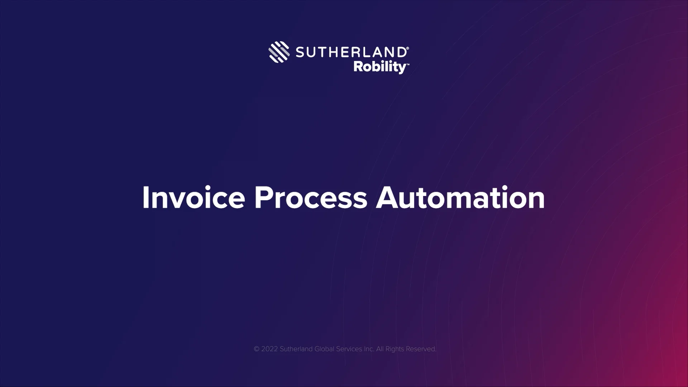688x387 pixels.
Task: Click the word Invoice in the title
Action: pyautogui.click(x=193, y=197)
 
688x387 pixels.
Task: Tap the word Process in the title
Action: pyautogui.click(x=311, y=197)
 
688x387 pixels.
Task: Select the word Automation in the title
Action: pyautogui.click(x=460, y=197)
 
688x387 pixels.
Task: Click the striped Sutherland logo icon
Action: pyautogui.click(x=279, y=52)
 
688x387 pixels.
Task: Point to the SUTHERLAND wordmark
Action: pyautogui.click(x=350, y=52)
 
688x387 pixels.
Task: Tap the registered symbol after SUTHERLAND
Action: pyautogui.click(x=407, y=48)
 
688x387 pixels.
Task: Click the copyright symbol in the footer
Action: pyautogui.click(x=257, y=349)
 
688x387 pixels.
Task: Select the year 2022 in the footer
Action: pyautogui.click(x=269, y=349)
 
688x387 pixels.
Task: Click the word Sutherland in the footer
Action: pyautogui.click(x=296, y=349)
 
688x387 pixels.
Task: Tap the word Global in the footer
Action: pyautogui.click(x=324, y=349)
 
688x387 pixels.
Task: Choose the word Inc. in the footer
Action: pyautogui.click(x=369, y=349)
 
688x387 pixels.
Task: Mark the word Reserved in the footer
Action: pyautogui.click(x=421, y=349)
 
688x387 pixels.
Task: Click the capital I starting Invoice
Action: pyautogui.click(x=145, y=197)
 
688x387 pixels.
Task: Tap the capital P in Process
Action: pyautogui.click(x=262, y=197)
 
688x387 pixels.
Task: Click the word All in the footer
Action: pyautogui.click(x=380, y=349)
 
